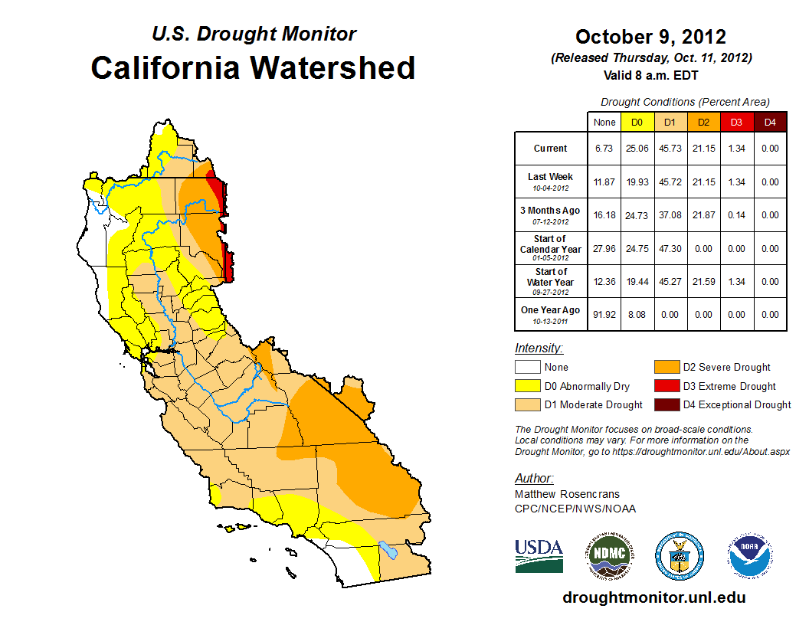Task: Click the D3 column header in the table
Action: pyautogui.click(x=736, y=122)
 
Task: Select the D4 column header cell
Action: pyautogui.click(x=770, y=122)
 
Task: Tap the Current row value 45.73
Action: pyautogui.click(x=671, y=149)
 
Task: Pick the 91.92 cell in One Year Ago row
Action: pyautogui.click(x=604, y=314)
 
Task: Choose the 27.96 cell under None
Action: pyautogui.click(x=604, y=248)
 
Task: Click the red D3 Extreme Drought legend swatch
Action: pyautogui.click(x=665, y=386)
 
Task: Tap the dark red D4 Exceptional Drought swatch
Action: pyautogui.click(x=665, y=404)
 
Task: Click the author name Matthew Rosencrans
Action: pyautogui.click(x=567, y=494)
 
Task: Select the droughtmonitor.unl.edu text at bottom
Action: pyautogui.click(x=653, y=597)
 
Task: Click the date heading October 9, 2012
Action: pyautogui.click(x=650, y=37)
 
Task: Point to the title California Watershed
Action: pyautogui.click(x=253, y=67)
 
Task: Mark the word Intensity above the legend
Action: pyautogui.click(x=539, y=348)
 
